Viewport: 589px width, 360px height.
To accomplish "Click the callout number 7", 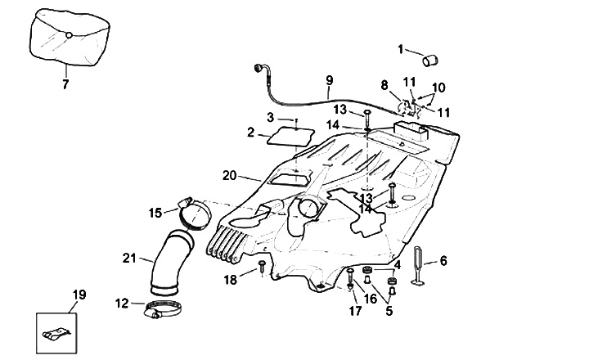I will tap(65, 83).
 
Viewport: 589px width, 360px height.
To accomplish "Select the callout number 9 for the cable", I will tap(329, 80).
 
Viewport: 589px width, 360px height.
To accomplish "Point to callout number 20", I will tap(229, 175).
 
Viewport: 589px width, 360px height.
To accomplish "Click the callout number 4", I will tap(398, 264).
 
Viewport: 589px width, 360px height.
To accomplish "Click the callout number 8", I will tap(384, 84).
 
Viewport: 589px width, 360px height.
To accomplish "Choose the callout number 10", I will tap(438, 87).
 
